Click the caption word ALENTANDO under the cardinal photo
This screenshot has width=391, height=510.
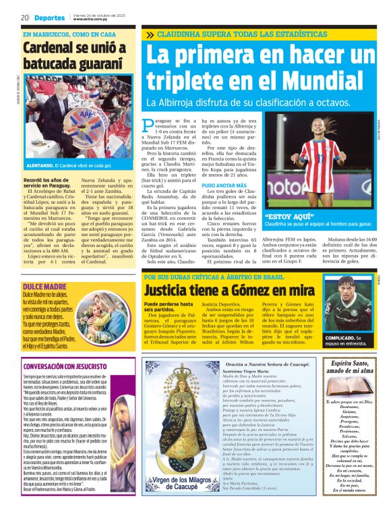point(39,165)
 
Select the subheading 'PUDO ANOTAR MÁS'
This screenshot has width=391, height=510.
point(224,185)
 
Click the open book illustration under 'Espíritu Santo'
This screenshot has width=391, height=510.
point(351,387)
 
